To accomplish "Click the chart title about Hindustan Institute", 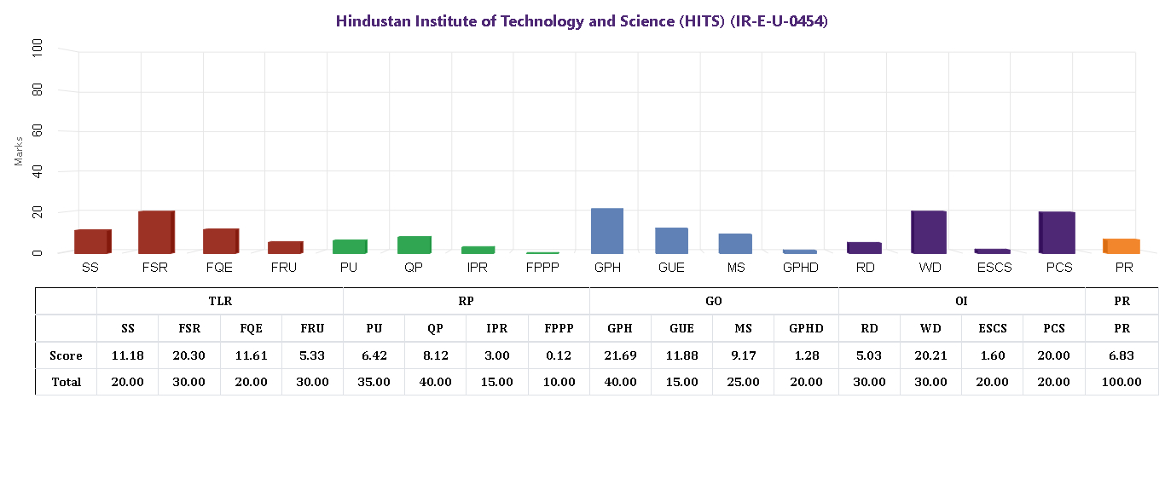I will pyautogui.click(x=582, y=21).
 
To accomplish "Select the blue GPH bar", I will pyautogui.click(x=607, y=231).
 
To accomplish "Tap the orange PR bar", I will pyautogui.click(x=1122, y=246).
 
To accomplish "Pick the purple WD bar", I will pyautogui.click(x=929, y=232).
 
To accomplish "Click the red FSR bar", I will pyautogui.click(x=156, y=232).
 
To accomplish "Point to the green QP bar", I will pyautogui.click(x=414, y=245).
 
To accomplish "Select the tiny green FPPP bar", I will pyautogui.click(x=542, y=252).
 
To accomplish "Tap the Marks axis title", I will pyautogui.click(x=19, y=151).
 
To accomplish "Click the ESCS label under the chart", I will pyautogui.click(x=993, y=268).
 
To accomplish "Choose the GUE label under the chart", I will pyautogui.click(x=671, y=268).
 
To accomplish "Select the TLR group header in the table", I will pyautogui.click(x=220, y=301).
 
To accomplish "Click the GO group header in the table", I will pyautogui.click(x=714, y=301).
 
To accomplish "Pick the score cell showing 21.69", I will pyautogui.click(x=620, y=355).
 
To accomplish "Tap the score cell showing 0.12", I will pyautogui.click(x=559, y=355).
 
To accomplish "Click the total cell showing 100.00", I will pyautogui.click(x=1122, y=382).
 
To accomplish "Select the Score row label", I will pyautogui.click(x=66, y=355).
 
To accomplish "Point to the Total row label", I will pyautogui.click(x=66, y=382).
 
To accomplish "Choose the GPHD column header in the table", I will pyautogui.click(x=806, y=328).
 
